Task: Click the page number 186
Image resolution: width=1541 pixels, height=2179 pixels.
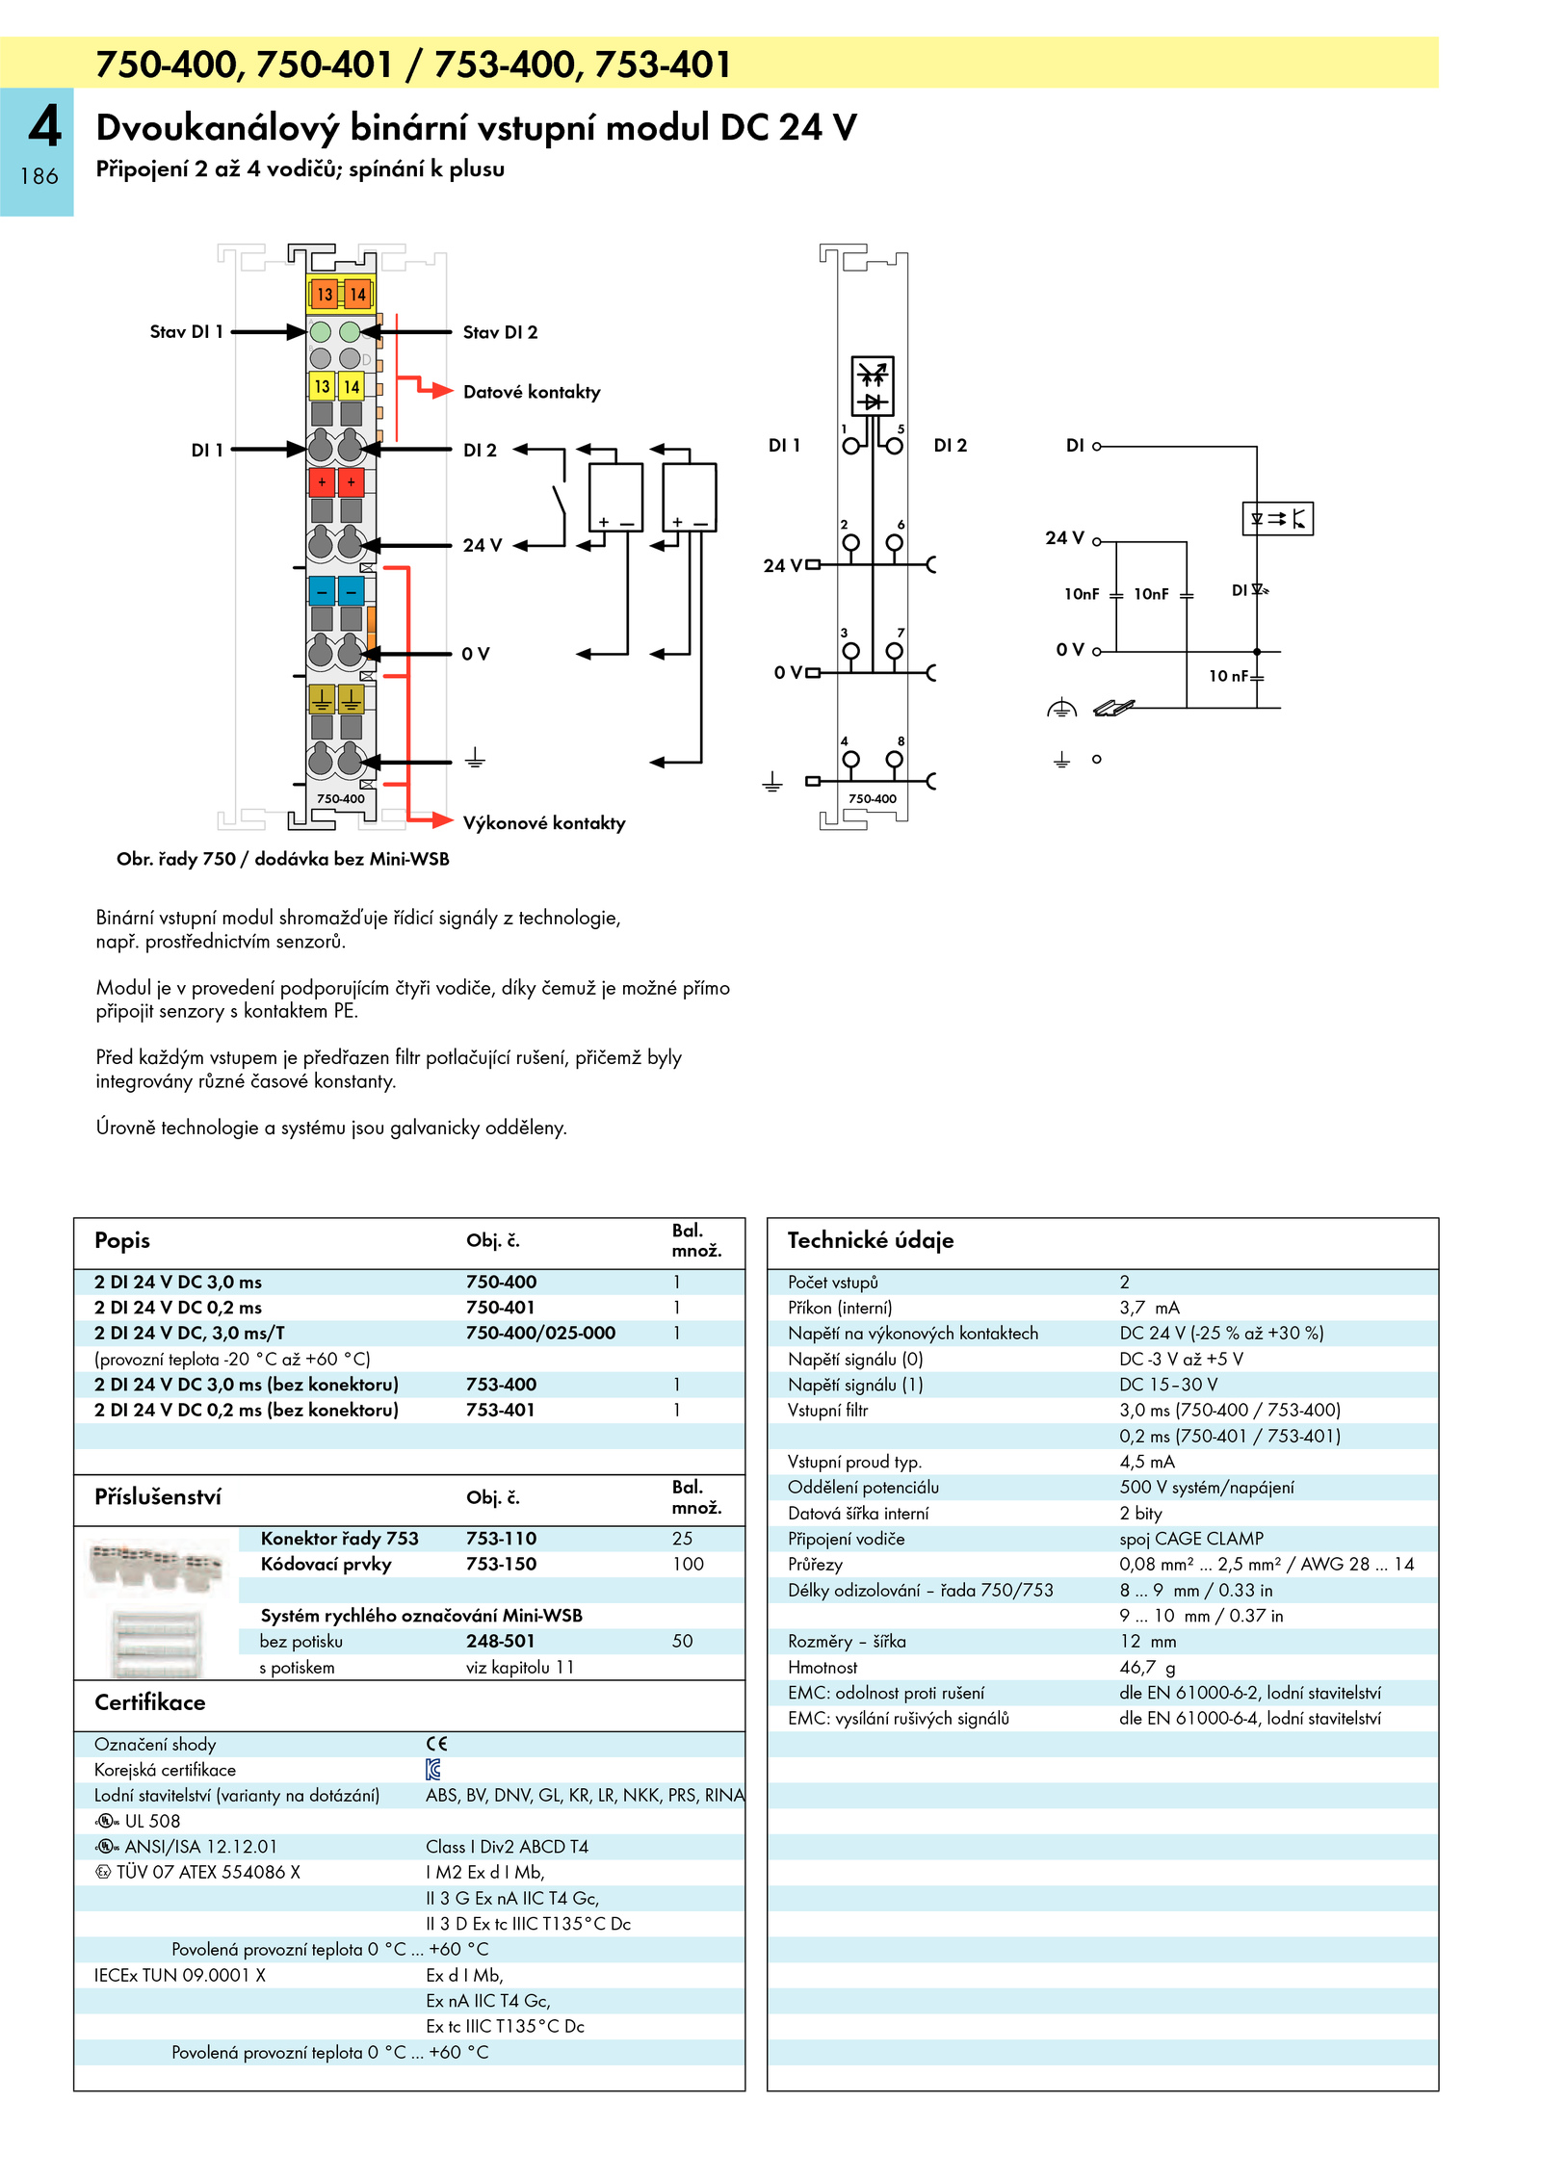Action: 39,176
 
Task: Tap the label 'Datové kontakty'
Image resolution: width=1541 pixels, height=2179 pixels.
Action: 532,392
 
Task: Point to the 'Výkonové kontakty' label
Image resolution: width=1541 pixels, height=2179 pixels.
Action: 544,823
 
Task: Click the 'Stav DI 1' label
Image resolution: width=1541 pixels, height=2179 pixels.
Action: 186,332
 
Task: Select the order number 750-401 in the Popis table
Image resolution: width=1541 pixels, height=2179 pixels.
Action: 500,1308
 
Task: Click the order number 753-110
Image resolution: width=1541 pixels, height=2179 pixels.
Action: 501,1539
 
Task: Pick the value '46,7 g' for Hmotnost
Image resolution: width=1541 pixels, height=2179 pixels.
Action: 1147,1668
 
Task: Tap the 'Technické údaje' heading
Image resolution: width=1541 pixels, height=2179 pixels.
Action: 871,1240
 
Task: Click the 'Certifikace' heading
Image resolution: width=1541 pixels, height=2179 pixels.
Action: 150,1702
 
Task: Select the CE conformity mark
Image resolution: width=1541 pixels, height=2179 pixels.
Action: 436,1744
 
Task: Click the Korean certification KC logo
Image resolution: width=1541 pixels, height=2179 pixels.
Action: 433,1770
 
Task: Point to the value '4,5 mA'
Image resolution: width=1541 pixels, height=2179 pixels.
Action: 1147,1462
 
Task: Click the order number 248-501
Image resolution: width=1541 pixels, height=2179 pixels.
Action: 500,1642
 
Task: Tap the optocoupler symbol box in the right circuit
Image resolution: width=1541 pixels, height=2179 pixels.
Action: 1277,519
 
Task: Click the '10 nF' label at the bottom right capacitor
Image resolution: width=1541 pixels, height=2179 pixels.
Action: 1229,676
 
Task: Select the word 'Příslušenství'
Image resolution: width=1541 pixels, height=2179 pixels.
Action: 158,1497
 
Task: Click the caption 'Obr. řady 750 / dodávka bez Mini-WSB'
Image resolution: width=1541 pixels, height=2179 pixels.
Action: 283,859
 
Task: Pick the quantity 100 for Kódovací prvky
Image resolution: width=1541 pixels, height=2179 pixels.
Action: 688,1565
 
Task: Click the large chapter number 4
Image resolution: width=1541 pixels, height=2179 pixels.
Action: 44,126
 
